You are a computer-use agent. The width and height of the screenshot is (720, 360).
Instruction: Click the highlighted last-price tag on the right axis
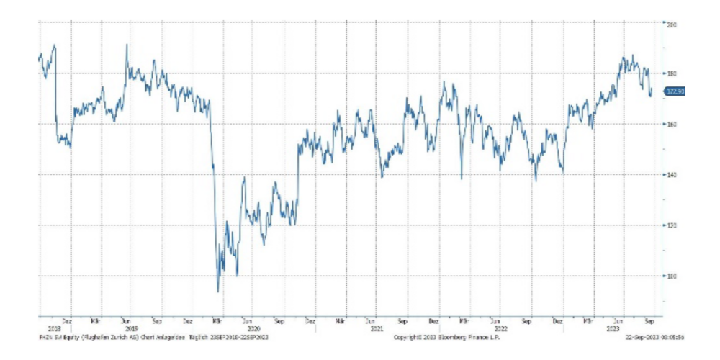pos(674,91)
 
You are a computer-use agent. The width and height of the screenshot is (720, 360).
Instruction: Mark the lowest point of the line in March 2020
pos(218,292)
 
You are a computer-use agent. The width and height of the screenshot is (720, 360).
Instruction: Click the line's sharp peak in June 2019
pos(127,45)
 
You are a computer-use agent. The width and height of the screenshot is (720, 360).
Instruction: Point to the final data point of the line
pos(652,92)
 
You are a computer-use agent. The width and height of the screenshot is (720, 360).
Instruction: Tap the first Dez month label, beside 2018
pos(67,322)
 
